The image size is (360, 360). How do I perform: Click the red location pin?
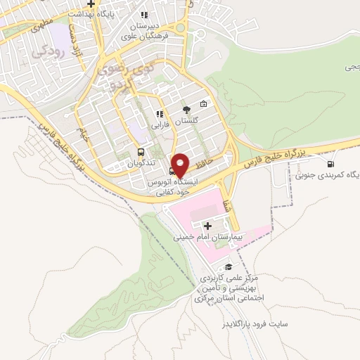(181, 165)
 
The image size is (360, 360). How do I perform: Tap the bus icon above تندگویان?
(141, 152)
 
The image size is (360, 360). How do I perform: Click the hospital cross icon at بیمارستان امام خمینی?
(207, 226)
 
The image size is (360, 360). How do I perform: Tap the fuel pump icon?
(330, 165)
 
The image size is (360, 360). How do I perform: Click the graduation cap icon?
(229, 266)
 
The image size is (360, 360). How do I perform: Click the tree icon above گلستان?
(186, 110)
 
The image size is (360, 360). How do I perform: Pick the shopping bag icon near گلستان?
(203, 105)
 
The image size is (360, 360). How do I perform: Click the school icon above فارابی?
(160, 113)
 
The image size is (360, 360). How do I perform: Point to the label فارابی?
(160, 124)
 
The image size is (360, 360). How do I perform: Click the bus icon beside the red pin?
(173, 171)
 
